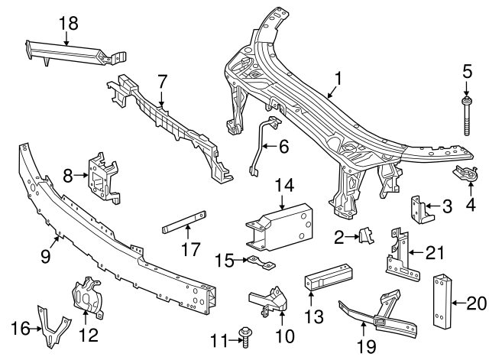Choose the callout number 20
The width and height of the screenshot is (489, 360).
pos(476,304)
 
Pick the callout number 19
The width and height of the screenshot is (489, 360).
pos(367,346)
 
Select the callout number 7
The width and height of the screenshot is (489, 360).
pos(162,79)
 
